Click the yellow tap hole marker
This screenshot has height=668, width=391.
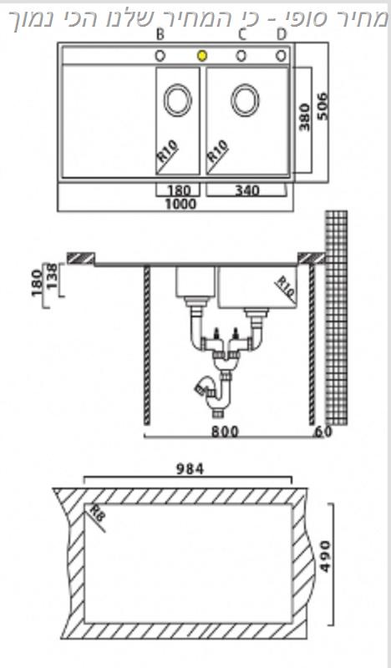(202, 56)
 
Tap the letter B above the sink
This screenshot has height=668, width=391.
(160, 35)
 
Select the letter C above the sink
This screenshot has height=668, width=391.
(241, 35)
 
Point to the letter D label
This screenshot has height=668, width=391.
(281, 35)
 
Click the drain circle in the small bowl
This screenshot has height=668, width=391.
(177, 100)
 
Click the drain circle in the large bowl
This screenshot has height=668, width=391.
(245, 100)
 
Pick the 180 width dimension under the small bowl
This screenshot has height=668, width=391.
(178, 190)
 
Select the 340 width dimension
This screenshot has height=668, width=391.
(246, 190)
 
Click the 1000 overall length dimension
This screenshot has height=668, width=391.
(180, 204)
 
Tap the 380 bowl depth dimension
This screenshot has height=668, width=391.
(304, 117)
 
